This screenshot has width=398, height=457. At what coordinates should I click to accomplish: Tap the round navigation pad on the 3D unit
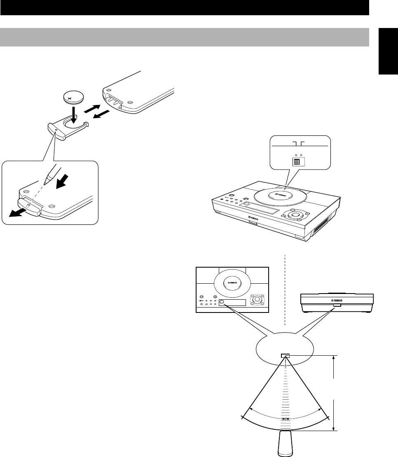click(294, 215)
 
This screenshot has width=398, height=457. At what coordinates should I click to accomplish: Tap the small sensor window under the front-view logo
click(337, 305)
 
